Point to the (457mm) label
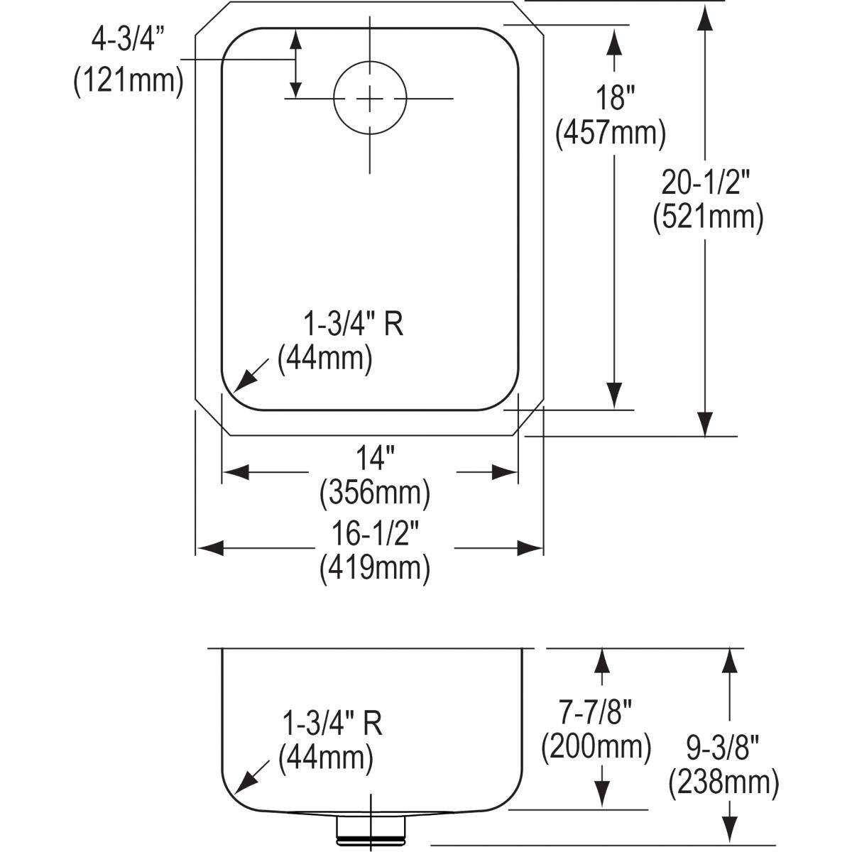611,133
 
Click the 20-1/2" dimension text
706,185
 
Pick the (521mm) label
708,217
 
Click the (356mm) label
375,492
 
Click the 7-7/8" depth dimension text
595,711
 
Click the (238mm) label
723,782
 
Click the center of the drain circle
370,98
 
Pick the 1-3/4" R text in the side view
332,724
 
